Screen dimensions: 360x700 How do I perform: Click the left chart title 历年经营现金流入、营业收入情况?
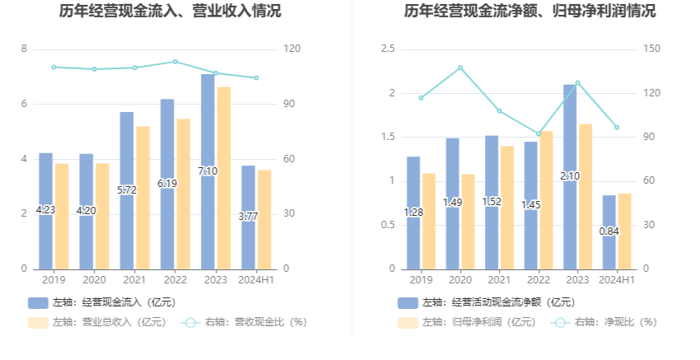[x=170, y=12]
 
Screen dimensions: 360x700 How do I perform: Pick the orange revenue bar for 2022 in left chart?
[x=183, y=194]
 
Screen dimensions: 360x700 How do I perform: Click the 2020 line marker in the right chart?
[x=460, y=68]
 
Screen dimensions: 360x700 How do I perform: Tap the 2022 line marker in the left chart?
[x=175, y=62]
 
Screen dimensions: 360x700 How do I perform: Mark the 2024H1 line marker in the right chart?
[x=617, y=128]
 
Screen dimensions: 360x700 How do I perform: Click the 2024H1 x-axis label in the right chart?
[x=617, y=280]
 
